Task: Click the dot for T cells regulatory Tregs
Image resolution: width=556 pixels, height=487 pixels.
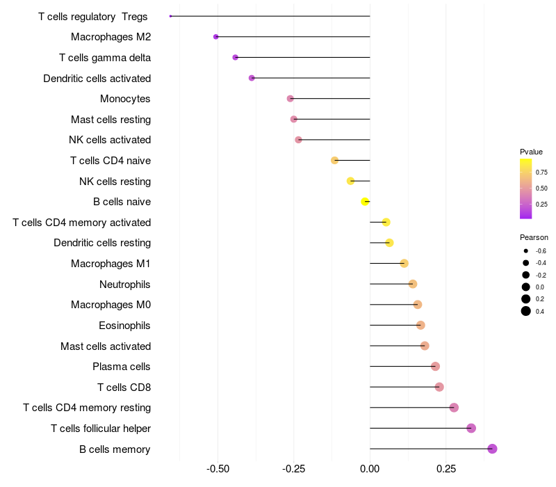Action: (171, 16)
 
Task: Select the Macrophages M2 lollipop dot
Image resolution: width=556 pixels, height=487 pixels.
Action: (216, 37)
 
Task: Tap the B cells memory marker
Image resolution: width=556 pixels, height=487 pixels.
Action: (492, 449)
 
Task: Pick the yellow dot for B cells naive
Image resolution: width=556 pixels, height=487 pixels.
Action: (365, 202)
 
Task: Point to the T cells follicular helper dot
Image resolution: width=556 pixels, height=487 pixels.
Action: (471, 428)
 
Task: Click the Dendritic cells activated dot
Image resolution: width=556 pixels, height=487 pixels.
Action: (252, 78)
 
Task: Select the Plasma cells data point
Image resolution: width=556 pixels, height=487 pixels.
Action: (435, 367)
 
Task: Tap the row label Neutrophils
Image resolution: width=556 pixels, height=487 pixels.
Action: (125, 284)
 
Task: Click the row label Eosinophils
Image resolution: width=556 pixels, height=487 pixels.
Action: (125, 325)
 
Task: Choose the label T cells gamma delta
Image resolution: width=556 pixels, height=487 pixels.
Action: (105, 57)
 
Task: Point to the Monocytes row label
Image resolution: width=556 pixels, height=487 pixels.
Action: (125, 98)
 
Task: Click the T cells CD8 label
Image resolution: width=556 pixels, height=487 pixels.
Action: (124, 387)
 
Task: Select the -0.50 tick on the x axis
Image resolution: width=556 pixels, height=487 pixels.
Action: (218, 470)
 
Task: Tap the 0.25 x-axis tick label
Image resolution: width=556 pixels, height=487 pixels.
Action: (445, 470)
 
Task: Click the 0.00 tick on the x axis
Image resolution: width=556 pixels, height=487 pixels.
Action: (370, 470)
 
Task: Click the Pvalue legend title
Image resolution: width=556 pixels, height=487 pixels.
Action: (531, 152)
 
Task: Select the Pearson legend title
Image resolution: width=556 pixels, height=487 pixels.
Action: (534, 237)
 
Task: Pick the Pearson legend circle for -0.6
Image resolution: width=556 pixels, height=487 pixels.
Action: (526, 250)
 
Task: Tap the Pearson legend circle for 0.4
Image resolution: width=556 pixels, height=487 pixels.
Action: (526, 311)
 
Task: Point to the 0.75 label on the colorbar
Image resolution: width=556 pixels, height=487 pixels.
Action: (541, 172)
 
